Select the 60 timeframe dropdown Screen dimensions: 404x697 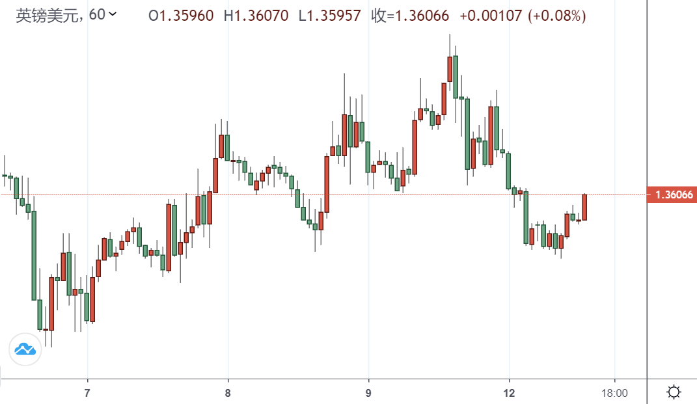[x=102, y=14]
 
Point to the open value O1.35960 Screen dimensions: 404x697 [x=181, y=16]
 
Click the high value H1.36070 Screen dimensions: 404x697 [x=256, y=16]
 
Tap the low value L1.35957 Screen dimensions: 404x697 [x=329, y=16]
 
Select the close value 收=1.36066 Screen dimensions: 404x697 [x=410, y=16]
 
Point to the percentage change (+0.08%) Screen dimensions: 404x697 [x=556, y=16]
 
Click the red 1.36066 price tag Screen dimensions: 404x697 [x=671, y=195]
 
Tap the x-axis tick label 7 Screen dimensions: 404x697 [x=87, y=393]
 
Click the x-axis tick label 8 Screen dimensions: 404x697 [x=228, y=393]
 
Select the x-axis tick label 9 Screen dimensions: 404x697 [x=368, y=393]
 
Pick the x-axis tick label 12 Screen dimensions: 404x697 [x=509, y=393]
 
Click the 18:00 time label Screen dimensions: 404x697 [x=614, y=393]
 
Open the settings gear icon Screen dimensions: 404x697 [x=674, y=392]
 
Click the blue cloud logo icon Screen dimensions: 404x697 [x=25, y=349]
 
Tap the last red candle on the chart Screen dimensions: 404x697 [x=584, y=207]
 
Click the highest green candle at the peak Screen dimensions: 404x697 [x=456, y=77]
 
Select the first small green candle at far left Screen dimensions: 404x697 [x=5, y=176]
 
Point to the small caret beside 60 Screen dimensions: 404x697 [x=113, y=14]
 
